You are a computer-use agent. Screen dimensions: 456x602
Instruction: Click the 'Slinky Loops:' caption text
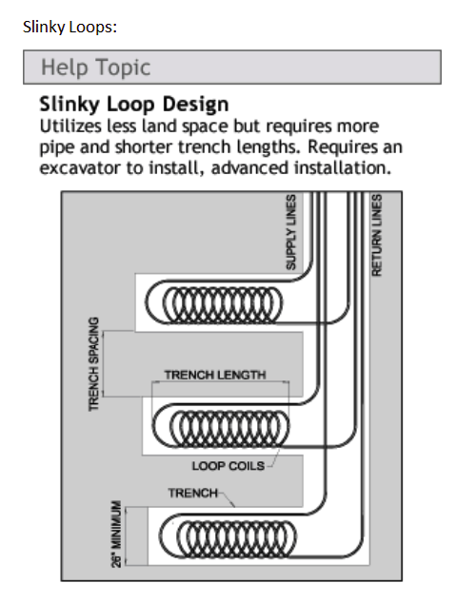click(x=69, y=28)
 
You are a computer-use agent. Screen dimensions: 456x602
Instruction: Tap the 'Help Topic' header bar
click(x=232, y=68)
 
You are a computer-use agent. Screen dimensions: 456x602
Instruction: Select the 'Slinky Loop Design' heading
click(x=134, y=104)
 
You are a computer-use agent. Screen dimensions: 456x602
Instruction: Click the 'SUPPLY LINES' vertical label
click(x=291, y=232)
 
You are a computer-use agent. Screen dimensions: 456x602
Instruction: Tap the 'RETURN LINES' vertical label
click(x=376, y=235)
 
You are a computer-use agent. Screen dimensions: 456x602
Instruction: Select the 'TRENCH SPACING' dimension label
click(x=93, y=364)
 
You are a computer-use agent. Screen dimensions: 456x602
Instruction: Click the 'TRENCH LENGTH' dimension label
click(x=215, y=375)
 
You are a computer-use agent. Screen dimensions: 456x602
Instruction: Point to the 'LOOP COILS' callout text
click(x=228, y=466)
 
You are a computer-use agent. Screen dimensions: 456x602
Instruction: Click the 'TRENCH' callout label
click(x=193, y=493)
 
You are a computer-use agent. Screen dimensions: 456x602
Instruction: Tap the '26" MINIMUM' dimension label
click(x=116, y=534)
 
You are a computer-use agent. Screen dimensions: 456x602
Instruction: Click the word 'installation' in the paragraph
click(x=343, y=167)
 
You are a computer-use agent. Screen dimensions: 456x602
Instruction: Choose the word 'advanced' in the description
click(x=250, y=167)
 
